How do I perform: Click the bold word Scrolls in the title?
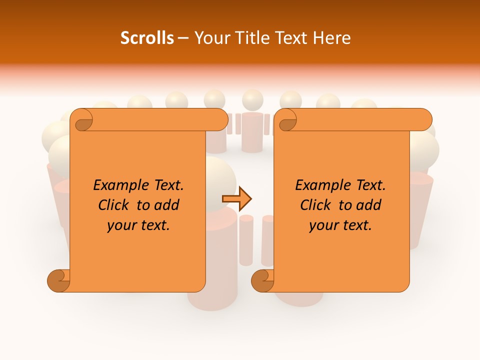(x=147, y=38)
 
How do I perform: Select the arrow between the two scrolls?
(x=237, y=199)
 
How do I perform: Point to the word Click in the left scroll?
(x=114, y=205)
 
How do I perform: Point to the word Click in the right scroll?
(x=316, y=205)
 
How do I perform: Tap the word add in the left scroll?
(x=167, y=205)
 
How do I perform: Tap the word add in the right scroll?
(x=369, y=205)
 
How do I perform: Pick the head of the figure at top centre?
(x=252, y=99)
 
